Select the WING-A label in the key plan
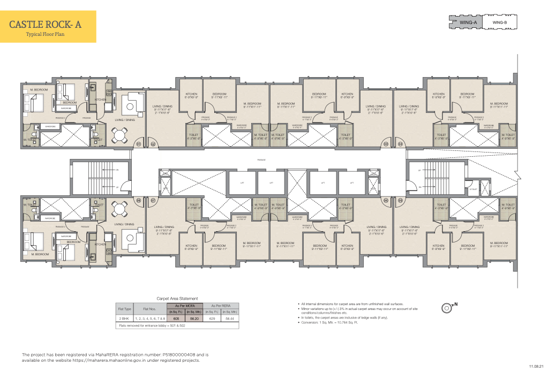[468, 22]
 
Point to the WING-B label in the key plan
[499, 22]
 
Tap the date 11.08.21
[536, 366]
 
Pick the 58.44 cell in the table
[230, 317]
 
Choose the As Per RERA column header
[220, 305]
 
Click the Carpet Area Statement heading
[177, 298]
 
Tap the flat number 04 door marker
[400, 144]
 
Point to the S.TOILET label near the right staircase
[473, 189]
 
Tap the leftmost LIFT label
[242, 182]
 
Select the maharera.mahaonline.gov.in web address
[73, 360]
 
